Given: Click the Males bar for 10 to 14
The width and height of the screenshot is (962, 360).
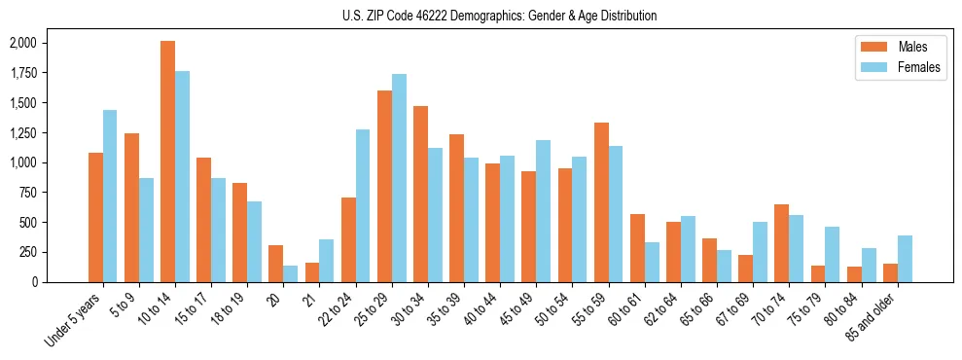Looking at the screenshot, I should pos(168,162).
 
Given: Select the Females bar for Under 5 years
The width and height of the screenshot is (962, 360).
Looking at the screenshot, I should pos(110,196).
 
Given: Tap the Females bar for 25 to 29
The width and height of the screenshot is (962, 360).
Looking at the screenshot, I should pos(399,178).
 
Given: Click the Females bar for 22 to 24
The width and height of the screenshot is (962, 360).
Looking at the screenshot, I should pos(363,205).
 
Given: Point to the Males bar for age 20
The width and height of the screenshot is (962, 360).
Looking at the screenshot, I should pos(276,264).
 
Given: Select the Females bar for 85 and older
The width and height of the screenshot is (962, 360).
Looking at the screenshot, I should pos(904,259).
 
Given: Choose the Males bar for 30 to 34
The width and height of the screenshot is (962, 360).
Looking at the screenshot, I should pos(420,194).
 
